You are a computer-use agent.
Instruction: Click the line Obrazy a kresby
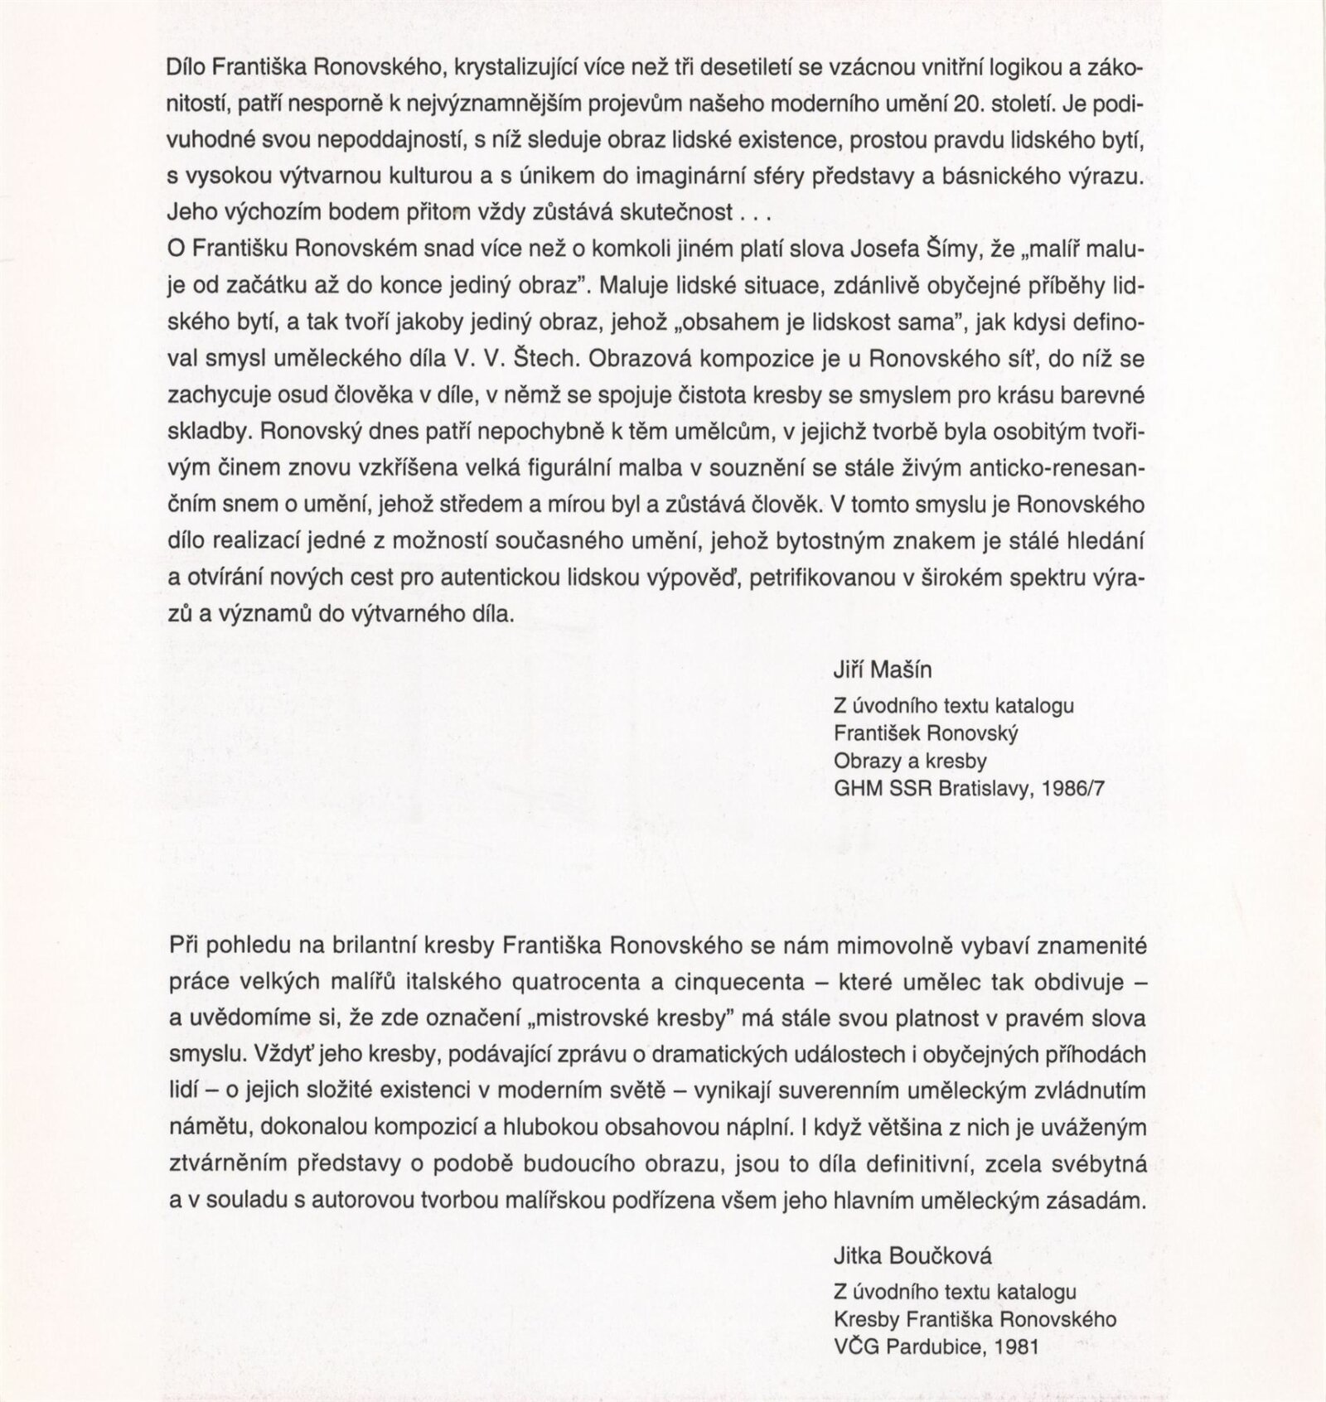tap(910, 760)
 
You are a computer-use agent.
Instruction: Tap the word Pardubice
tap(932, 1346)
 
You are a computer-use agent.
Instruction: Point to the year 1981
tap(1017, 1346)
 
